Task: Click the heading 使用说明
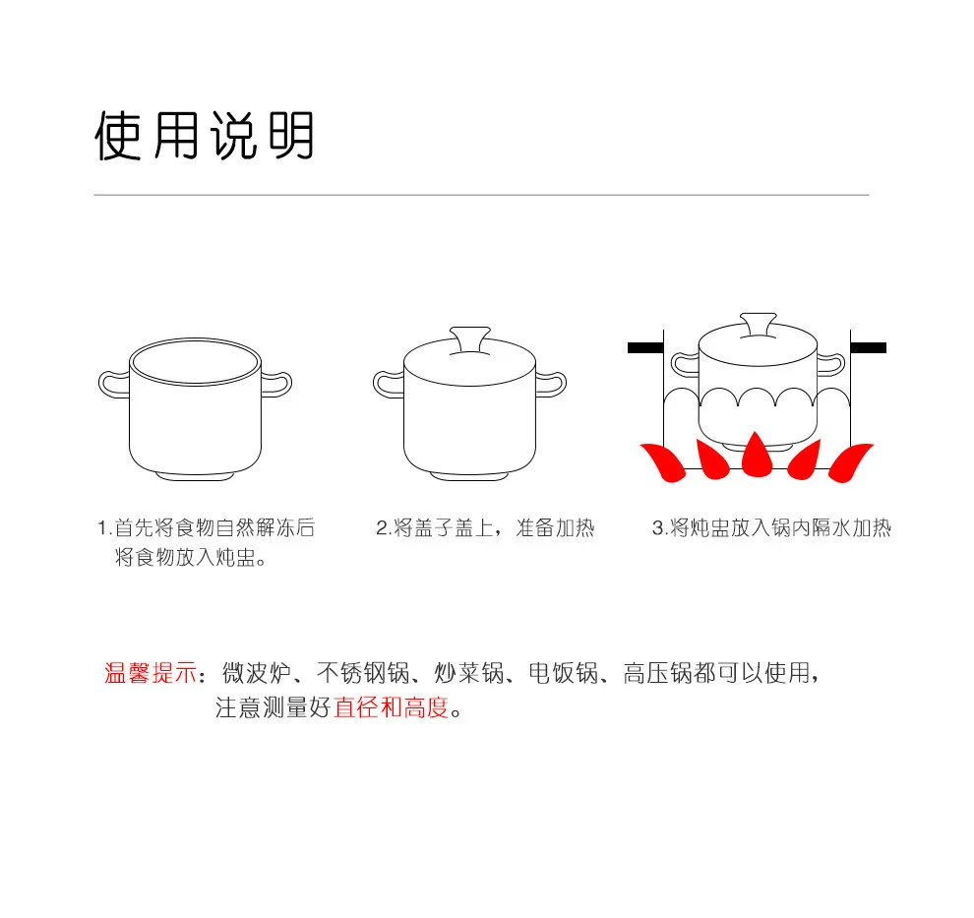(x=205, y=136)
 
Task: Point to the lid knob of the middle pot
(x=470, y=339)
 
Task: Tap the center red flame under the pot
(x=756, y=456)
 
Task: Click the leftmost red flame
(x=663, y=462)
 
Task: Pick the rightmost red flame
(x=850, y=462)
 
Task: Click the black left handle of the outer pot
(x=645, y=348)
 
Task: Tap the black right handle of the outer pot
(x=869, y=348)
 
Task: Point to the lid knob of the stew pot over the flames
(x=758, y=325)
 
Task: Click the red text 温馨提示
(x=151, y=673)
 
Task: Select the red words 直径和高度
(x=391, y=707)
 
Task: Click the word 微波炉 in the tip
(x=257, y=673)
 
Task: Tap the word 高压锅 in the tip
(x=658, y=673)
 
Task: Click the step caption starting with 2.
(x=485, y=528)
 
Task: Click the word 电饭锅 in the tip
(x=564, y=673)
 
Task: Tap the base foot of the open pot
(x=195, y=477)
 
